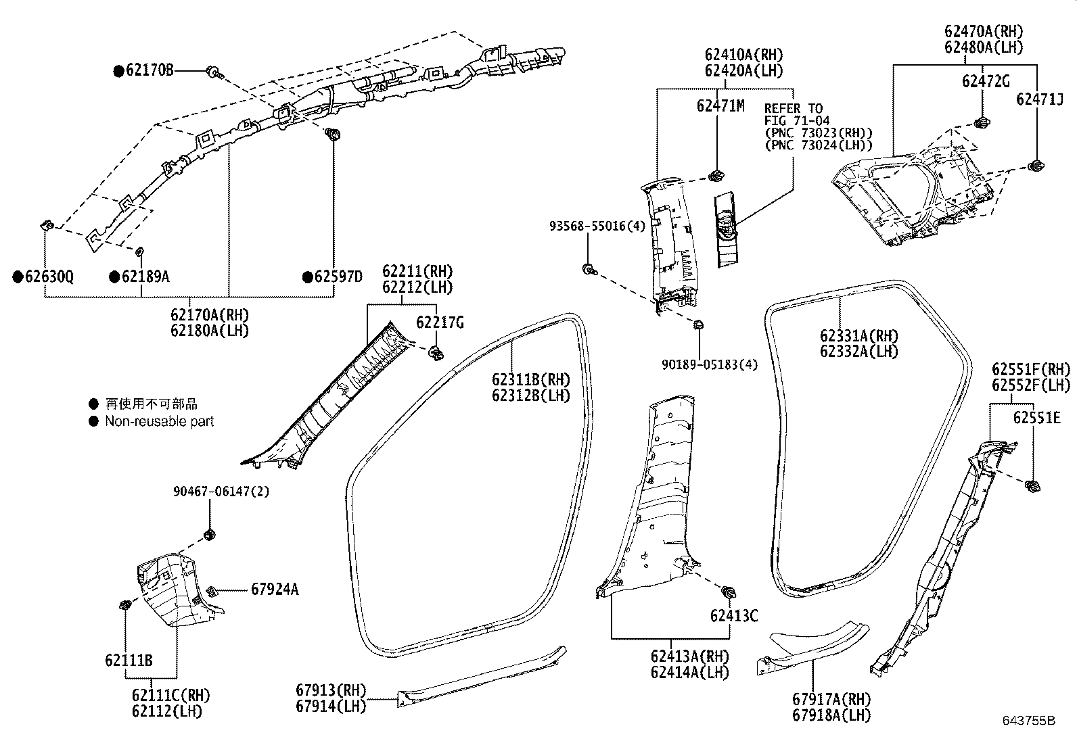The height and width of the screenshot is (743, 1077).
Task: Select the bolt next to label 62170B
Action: (214, 72)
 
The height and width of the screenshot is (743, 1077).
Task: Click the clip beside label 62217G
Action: (437, 352)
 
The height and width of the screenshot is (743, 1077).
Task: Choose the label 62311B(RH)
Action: (531, 379)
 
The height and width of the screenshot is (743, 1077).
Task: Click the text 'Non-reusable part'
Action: (159, 421)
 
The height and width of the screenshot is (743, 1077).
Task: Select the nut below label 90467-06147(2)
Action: (210, 535)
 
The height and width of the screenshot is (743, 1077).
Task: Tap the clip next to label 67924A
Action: (212, 592)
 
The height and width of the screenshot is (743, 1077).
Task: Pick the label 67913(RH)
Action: (331, 690)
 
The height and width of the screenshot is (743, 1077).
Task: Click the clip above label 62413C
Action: (729, 592)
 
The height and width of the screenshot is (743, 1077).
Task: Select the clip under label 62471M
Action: (715, 177)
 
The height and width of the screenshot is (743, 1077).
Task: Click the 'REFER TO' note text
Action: (794, 108)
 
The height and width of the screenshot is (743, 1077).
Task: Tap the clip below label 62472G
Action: (980, 122)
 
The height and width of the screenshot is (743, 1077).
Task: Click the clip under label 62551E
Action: (1033, 485)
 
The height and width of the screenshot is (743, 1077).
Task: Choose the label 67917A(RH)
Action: (831, 699)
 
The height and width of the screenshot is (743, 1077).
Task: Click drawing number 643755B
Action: (1029, 721)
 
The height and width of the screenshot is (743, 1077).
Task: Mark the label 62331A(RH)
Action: (858, 336)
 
